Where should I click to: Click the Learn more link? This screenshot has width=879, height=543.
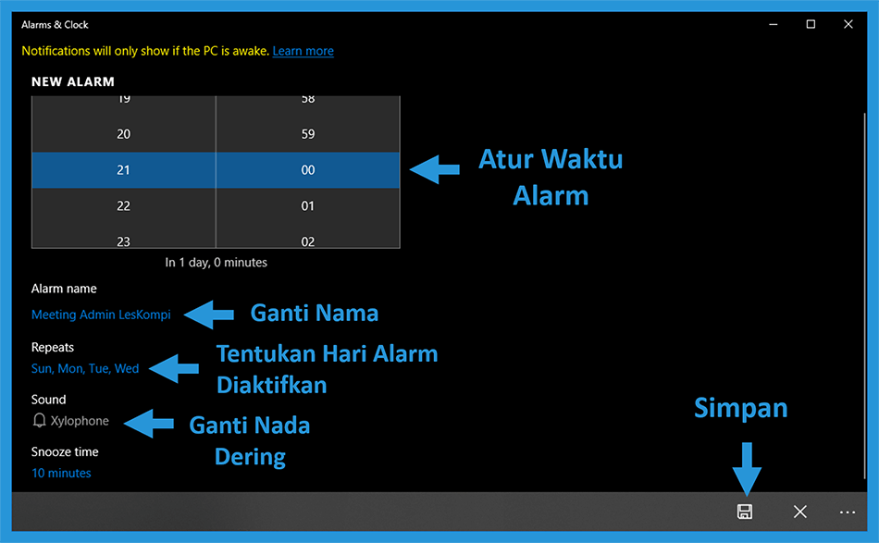(x=303, y=51)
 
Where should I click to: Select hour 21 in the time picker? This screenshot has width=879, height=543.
(x=123, y=170)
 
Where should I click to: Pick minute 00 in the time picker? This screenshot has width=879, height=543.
(x=308, y=170)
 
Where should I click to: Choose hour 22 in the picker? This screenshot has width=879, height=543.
(x=123, y=205)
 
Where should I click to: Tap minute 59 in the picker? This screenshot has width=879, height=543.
(x=308, y=134)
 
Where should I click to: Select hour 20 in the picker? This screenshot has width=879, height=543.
(x=123, y=134)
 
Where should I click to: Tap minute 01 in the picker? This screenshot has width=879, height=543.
(x=308, y=205)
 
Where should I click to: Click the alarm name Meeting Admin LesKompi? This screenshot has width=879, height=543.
(x=101, y=315)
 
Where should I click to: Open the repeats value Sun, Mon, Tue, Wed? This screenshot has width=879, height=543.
(x=85, y=369)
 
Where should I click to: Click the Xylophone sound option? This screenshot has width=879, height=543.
(x=80, y=421)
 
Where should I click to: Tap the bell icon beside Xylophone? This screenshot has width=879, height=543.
(x=39, y=420)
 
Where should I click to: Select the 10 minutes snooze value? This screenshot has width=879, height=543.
(x=61, y=473)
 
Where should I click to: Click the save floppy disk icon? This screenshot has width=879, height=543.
(x=745, y=512)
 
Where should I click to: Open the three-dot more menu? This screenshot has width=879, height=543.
(x=847, y=512)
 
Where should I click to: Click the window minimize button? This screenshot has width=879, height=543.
(x=773, y=25)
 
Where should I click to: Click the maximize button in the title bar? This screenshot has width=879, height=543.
(x=811, y=24)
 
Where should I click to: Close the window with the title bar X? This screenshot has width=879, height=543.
(x=848, y=24)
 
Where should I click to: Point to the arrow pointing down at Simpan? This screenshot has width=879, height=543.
(x=747, y=468)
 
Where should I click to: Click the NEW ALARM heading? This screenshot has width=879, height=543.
(x=73, y=81)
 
